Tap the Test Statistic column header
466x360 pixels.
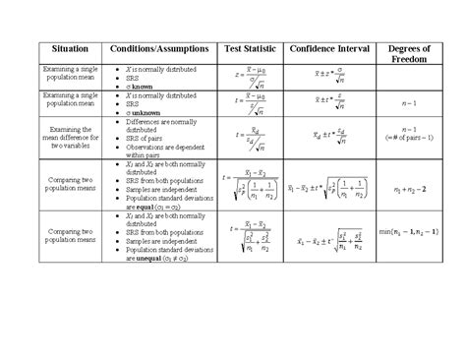click(251, 48)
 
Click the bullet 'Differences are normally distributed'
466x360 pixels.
click(157, 125)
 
